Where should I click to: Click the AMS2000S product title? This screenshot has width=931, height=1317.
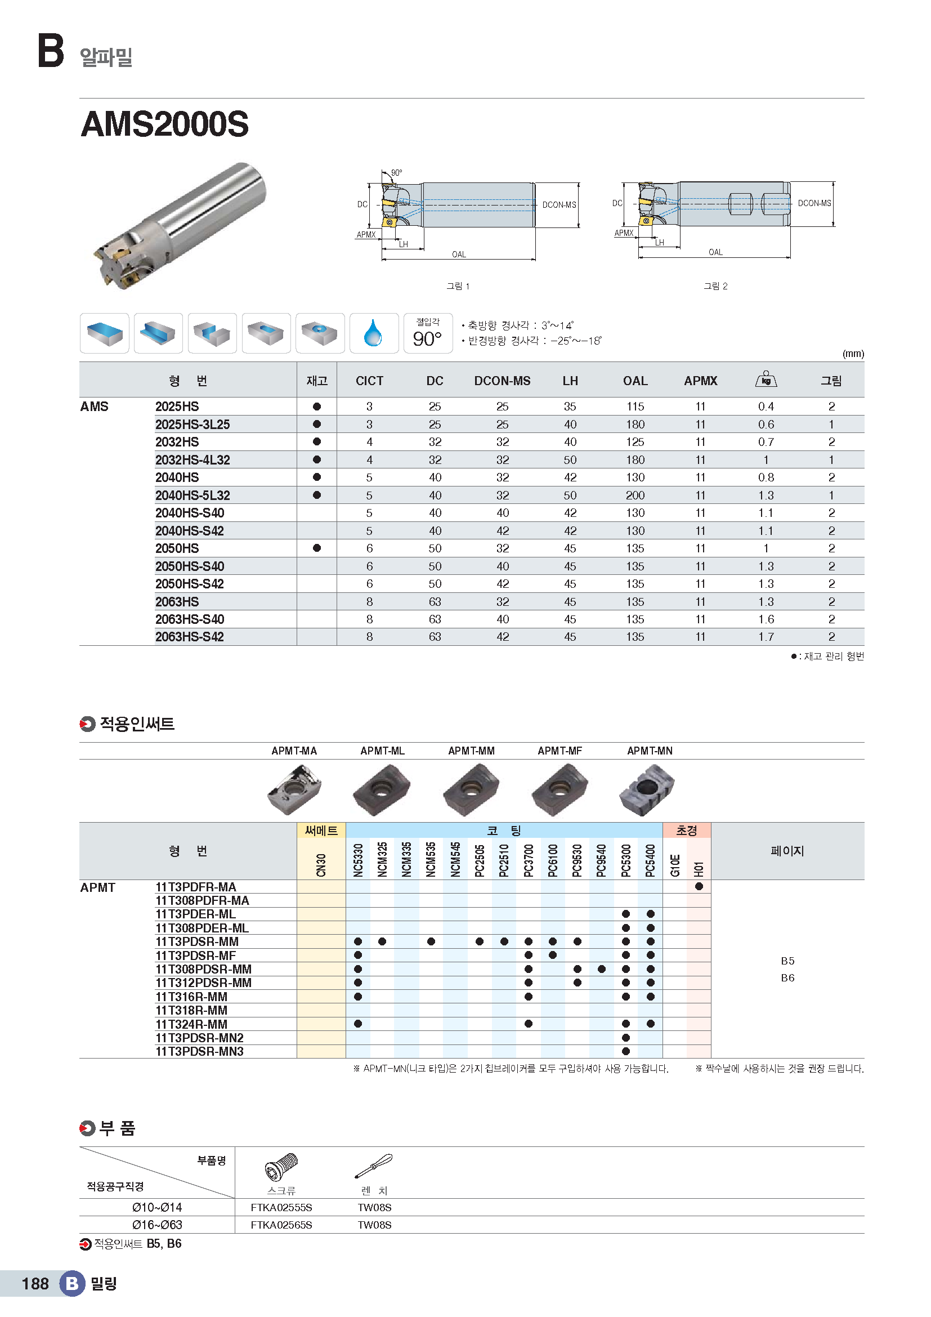pyautogui.click(x=165, y=124)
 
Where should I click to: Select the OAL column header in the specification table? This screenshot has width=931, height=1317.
pyautogui.click(x=634, y=381)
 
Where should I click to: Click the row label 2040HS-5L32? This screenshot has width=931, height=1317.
pyautogui.click(x=193, y=495)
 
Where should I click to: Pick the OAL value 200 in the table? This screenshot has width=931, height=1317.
pyautogui.click(x=634, y=495)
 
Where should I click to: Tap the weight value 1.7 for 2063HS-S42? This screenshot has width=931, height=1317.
pyautogui.click(x=766, y=637)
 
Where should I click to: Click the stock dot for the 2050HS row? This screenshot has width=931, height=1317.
pyautogui.click(x=316, y=548)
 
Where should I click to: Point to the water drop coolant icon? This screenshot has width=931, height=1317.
pyautogui.click(x=373, y=333)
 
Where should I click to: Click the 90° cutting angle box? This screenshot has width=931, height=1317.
pyautogui.click(x=428, y=333)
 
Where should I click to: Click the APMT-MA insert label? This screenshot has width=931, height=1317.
pyautogui.click(x=294, y=751)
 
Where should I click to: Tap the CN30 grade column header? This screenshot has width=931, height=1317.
pyautogui.click(x=321, y=864)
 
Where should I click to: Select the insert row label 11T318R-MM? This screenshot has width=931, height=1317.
pyautogui.click(x=191, y=1010)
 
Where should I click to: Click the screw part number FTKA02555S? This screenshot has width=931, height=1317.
pyautogui.click(x=281, y=1207)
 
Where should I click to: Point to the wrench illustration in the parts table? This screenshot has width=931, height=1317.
pyautogui.click(x=374, y=1166)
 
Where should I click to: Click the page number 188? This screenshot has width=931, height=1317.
pyautogui.click(x=35, y=1283)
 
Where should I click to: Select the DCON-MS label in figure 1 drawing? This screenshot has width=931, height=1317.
pyautogui.click(x=559, y=205)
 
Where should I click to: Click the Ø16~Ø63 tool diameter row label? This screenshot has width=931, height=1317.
pyautogui.click(x=157, y=1225)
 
